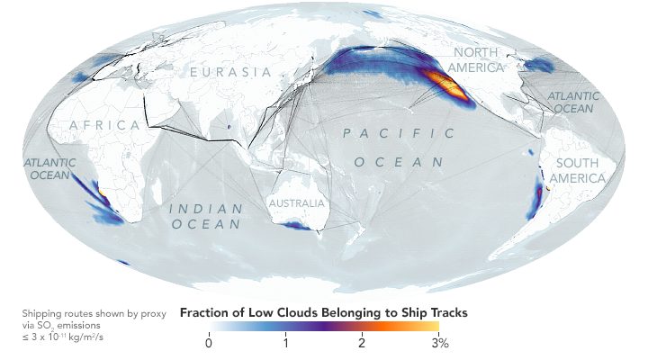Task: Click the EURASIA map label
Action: point(229,71)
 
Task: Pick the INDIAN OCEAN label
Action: point(207,217)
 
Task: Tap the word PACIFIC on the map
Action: point(399,134)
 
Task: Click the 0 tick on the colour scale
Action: point(209,342)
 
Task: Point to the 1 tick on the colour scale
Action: point(285,342)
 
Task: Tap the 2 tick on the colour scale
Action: point(361,342)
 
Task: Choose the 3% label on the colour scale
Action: point(439,342)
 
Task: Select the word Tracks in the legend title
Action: point(445,313)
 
